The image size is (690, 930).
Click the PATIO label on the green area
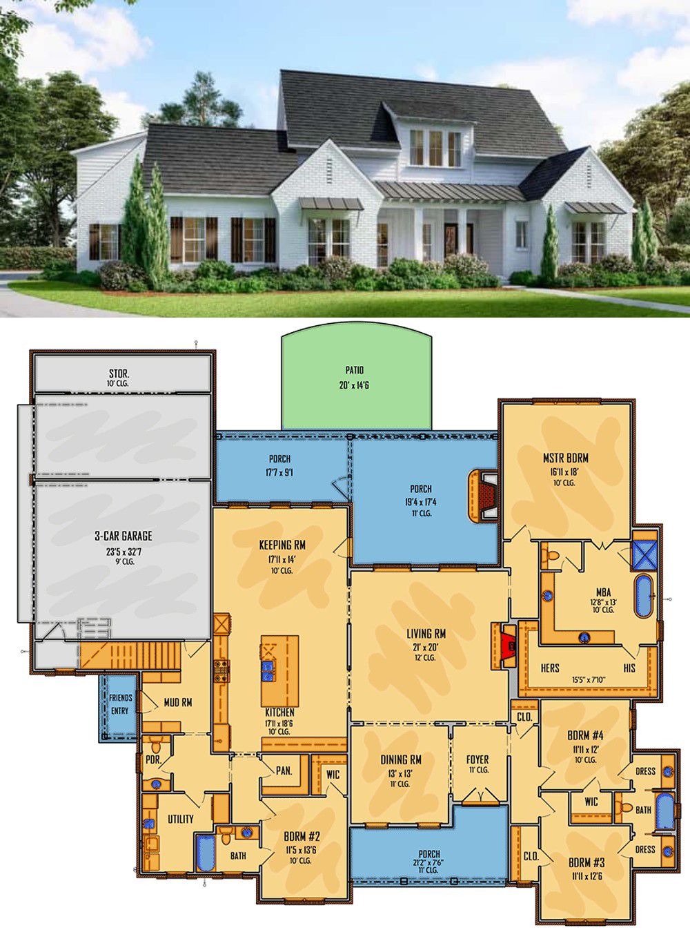click(354, 370)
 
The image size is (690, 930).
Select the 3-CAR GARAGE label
click(124, 536)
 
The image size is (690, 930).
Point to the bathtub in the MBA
click(643, 595)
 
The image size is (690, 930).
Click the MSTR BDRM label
click(566, 458)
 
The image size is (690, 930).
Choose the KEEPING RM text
click(282, 545)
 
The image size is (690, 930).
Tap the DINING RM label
click(401, 759)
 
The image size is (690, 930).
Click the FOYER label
click(477, 759)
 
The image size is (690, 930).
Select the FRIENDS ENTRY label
click(120, 704)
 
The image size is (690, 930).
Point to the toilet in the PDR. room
click(156, 746)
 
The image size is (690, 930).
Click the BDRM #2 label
click(302, 837)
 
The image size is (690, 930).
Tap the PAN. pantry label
click(284, 771)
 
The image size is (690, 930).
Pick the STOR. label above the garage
click(119, 374)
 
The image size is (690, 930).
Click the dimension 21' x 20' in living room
click(426, 648)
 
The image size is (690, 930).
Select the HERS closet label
click(550, 668)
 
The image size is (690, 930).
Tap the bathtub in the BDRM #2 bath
click(206, 853)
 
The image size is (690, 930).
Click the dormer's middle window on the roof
click(435, 148)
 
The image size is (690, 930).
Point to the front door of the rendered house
click(451, 240)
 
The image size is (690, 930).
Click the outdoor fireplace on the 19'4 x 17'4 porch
click(483, 496)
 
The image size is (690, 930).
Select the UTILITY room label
click(181, 819)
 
